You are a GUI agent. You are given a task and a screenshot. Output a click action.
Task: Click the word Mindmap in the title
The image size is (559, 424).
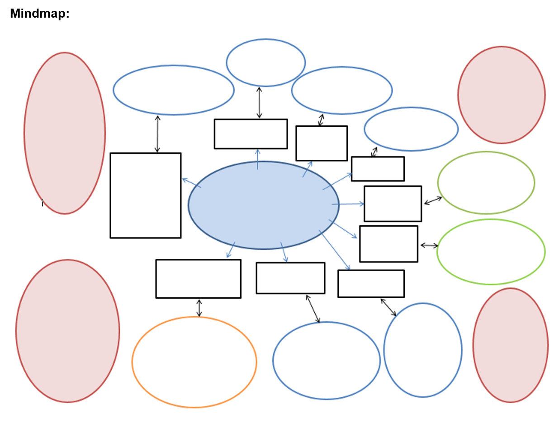click(x=38, y=14)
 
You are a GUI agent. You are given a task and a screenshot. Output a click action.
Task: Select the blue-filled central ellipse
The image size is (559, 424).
click(x=263, y=205)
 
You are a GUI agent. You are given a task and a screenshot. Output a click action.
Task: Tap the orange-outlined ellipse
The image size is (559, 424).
click(x=194, y=362)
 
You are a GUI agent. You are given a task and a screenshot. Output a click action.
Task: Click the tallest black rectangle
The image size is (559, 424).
click(x=145, y=195)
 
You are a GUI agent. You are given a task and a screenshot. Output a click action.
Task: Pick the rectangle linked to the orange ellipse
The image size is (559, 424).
click(x=198, y=279)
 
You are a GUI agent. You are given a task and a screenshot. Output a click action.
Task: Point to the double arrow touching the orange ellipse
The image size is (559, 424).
click(x=199, y=308)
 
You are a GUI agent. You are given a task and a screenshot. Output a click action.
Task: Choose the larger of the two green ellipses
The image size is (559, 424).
click(x=491, y=252)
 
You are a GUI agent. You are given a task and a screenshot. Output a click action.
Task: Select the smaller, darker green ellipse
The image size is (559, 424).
click(x=486, y=182)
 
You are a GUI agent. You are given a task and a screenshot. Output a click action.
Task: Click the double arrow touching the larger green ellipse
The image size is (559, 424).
click(x=429, y=245)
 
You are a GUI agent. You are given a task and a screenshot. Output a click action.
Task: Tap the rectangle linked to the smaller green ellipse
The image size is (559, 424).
click(x=393, y=204)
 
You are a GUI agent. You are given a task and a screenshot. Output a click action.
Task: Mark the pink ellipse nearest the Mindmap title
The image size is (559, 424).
click(x=64, y=133)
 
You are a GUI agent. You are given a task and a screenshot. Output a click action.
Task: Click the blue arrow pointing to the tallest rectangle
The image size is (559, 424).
click(x=191, y=182)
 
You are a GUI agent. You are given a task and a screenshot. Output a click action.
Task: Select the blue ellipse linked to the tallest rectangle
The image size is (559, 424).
click(x=173, y=90)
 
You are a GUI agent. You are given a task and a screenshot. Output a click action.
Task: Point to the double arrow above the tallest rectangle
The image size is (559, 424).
click(x=157, y=134)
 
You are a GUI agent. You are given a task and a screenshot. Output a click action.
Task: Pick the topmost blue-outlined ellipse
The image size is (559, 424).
click(x=265, y=62)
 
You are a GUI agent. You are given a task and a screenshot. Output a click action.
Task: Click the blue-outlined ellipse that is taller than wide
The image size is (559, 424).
click(x=422, y=350)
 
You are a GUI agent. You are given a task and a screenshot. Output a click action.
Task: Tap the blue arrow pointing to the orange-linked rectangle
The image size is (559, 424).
click(x=231, y=250)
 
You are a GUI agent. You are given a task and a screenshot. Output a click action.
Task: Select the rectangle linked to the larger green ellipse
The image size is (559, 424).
click(x=388, y=244)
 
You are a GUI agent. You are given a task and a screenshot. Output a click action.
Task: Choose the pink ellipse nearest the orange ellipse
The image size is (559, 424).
click(x=67, y=331)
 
